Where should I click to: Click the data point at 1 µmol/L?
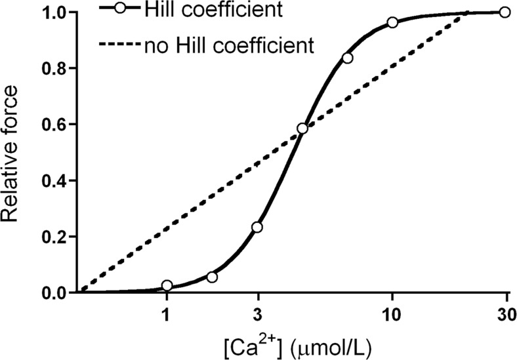(167, 285)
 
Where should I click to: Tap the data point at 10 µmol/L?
(392, 22)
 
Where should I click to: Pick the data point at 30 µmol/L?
(504, 12)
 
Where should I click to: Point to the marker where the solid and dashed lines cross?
(302, 129)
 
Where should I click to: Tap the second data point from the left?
(212, 277)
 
